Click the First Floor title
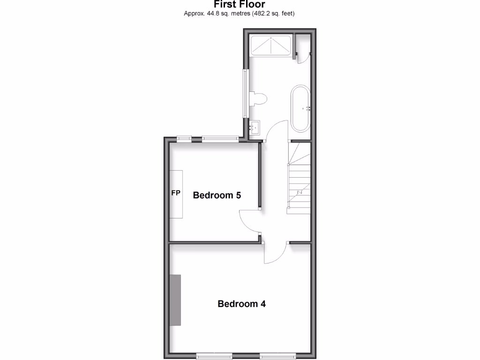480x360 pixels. coord(240,5)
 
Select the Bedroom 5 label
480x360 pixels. coord(217,195)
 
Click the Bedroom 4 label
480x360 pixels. coord(241,304)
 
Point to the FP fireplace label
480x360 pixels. coord(176,193)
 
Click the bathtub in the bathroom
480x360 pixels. coord(300,109)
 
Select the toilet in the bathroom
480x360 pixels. coord(258,99)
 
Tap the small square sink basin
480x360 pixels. coord(255,127)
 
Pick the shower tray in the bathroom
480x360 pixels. coord(270,45)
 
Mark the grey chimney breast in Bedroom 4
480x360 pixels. coord(175,300)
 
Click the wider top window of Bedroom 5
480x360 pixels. coord(220,138)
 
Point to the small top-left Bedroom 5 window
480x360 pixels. coord(184,138)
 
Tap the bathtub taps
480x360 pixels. coord(308,109)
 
